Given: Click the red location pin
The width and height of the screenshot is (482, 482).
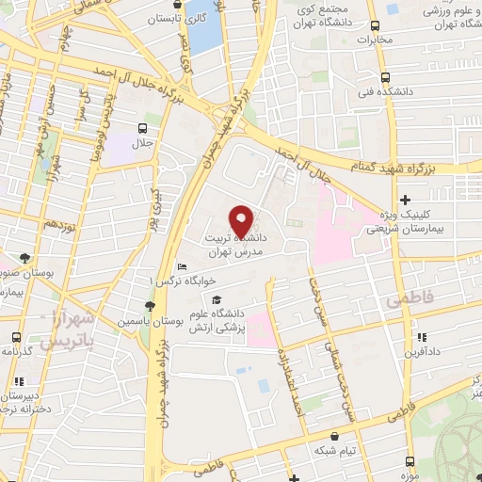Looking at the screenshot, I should point(243,221).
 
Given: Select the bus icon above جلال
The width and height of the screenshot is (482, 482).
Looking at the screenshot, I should point(142,128).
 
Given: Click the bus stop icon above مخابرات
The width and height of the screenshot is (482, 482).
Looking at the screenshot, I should point(376,26).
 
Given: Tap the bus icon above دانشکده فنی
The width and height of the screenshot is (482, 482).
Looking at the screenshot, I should point(385,79).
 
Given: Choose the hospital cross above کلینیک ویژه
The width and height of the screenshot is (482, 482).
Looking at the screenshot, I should point(406,200).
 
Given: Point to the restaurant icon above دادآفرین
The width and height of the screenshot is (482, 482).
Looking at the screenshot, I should point(423,337).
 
